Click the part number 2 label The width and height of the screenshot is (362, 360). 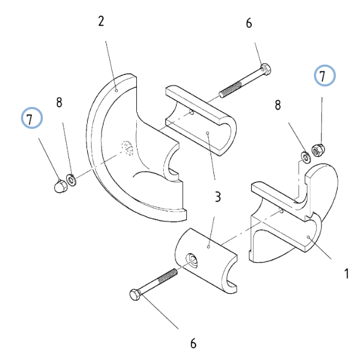tap(101, 21)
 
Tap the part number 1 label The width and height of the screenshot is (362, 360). tap(346, 273)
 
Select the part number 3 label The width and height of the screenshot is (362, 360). tap(218, 197)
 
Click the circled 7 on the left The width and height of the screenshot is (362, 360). tap(32, 118)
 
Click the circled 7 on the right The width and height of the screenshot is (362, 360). tap(325, 75)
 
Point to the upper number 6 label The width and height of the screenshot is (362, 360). tap(249, 23)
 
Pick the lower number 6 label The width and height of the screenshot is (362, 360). tap(193, 343)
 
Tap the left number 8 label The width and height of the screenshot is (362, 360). tap(59, 102)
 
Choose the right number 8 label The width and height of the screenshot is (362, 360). tap(278, 105)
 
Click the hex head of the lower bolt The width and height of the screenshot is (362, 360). tap(135, 294)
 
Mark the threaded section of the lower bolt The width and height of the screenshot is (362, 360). tap(167, 275)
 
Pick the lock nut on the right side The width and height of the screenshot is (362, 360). tap(318, 150)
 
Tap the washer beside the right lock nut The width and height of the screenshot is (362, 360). tap(306, 157)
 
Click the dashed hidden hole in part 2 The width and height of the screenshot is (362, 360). tap(128, 148)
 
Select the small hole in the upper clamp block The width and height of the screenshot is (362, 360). tap(191, 113)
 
